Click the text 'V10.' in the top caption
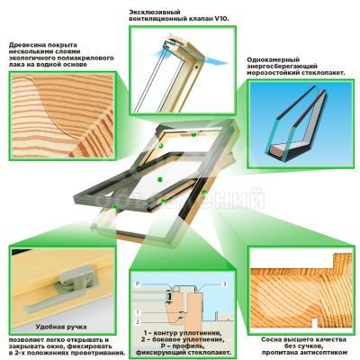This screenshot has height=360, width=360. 221,19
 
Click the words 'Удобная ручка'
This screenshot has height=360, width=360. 61,327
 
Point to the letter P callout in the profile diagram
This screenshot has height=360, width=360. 137,283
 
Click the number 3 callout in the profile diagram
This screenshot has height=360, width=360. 224,283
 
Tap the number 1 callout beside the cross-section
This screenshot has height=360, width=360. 138,312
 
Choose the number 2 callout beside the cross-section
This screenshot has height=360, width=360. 138,322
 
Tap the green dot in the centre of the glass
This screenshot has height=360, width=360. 160,179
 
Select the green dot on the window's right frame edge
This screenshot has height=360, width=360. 204,192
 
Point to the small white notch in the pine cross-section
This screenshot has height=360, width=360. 314,323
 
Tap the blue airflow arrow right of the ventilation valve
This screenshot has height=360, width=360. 217,60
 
